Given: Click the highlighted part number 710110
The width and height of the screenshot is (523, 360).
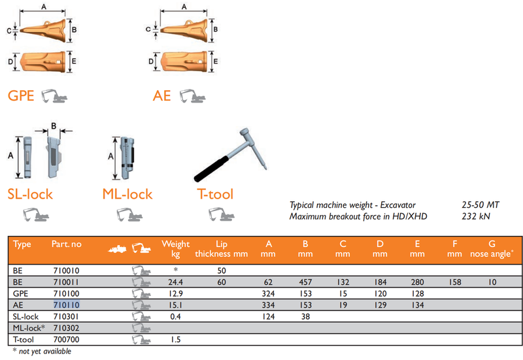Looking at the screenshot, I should point(66,305).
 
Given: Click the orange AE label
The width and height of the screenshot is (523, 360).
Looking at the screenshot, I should point(161,96).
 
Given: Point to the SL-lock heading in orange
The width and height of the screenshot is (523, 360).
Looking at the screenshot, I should point(30,193).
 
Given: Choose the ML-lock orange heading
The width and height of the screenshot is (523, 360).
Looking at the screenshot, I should point(127,193).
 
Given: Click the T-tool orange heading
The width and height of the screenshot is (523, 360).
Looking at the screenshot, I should point(215,193).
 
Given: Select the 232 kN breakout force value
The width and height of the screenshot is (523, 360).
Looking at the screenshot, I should point(475,216).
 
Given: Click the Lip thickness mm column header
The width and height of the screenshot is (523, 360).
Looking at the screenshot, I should point(221,249).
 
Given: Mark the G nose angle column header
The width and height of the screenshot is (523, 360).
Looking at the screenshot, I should point(492,249).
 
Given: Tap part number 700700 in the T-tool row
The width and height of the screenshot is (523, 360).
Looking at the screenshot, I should point(65,340).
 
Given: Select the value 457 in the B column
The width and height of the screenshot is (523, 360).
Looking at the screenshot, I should point(305,282).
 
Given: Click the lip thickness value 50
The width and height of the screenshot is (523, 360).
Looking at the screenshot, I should point(221,270).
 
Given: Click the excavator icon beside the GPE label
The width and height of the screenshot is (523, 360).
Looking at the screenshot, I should point(54,97).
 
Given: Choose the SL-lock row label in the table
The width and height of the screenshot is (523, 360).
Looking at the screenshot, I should point(26,317).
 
